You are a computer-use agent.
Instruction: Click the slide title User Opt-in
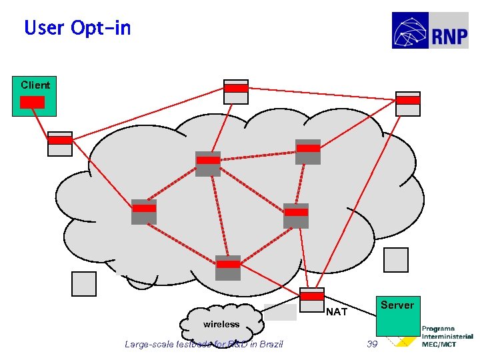(77, 28)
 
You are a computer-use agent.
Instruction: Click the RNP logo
(430, 30)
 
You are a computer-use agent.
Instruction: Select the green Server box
(398, 315)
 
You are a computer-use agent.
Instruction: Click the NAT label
(337, 311)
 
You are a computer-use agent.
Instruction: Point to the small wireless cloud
(221, 323)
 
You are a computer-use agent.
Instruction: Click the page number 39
(372, 344)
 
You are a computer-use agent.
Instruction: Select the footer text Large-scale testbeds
(203, 344)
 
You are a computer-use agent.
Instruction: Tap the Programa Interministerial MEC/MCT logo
(447, 337)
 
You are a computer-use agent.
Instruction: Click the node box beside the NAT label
(312, 300)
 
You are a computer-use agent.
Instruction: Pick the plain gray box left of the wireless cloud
(84, 283)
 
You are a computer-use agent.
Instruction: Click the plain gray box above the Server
(396, 260)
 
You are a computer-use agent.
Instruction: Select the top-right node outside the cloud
(408, 104)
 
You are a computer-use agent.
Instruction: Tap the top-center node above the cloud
(236, 92)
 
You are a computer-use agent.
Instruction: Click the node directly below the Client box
(60, 143)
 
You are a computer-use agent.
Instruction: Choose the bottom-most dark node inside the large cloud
(228, 268)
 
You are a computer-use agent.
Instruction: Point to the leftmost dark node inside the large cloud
(144, 211)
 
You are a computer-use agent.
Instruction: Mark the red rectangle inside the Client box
(32, 102)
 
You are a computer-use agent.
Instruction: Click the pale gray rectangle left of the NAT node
(280, 313)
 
